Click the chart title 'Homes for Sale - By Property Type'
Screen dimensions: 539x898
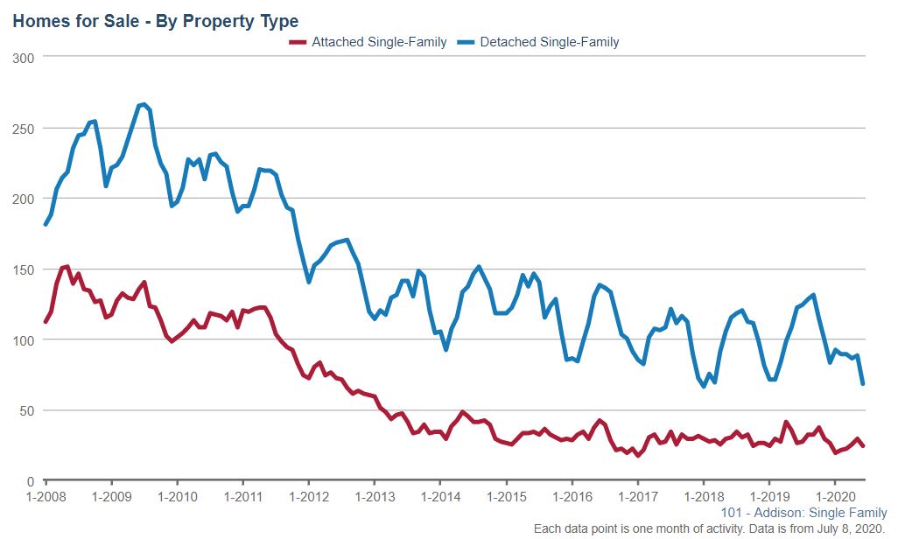point(155,20)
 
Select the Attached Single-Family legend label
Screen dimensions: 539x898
point(379,42)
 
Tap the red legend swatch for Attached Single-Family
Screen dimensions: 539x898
point(298,42)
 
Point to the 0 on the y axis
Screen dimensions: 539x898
point(31,481)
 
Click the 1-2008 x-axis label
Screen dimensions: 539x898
point(46,496)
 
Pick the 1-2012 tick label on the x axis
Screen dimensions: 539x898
point(308,496)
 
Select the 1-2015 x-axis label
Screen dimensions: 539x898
point(506,496)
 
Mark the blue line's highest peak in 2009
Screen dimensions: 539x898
point(144,105)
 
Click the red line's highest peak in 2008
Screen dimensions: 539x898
point(67,266)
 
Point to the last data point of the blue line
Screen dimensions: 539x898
point(863,383)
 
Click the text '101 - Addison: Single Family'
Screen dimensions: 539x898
point(803,513)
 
